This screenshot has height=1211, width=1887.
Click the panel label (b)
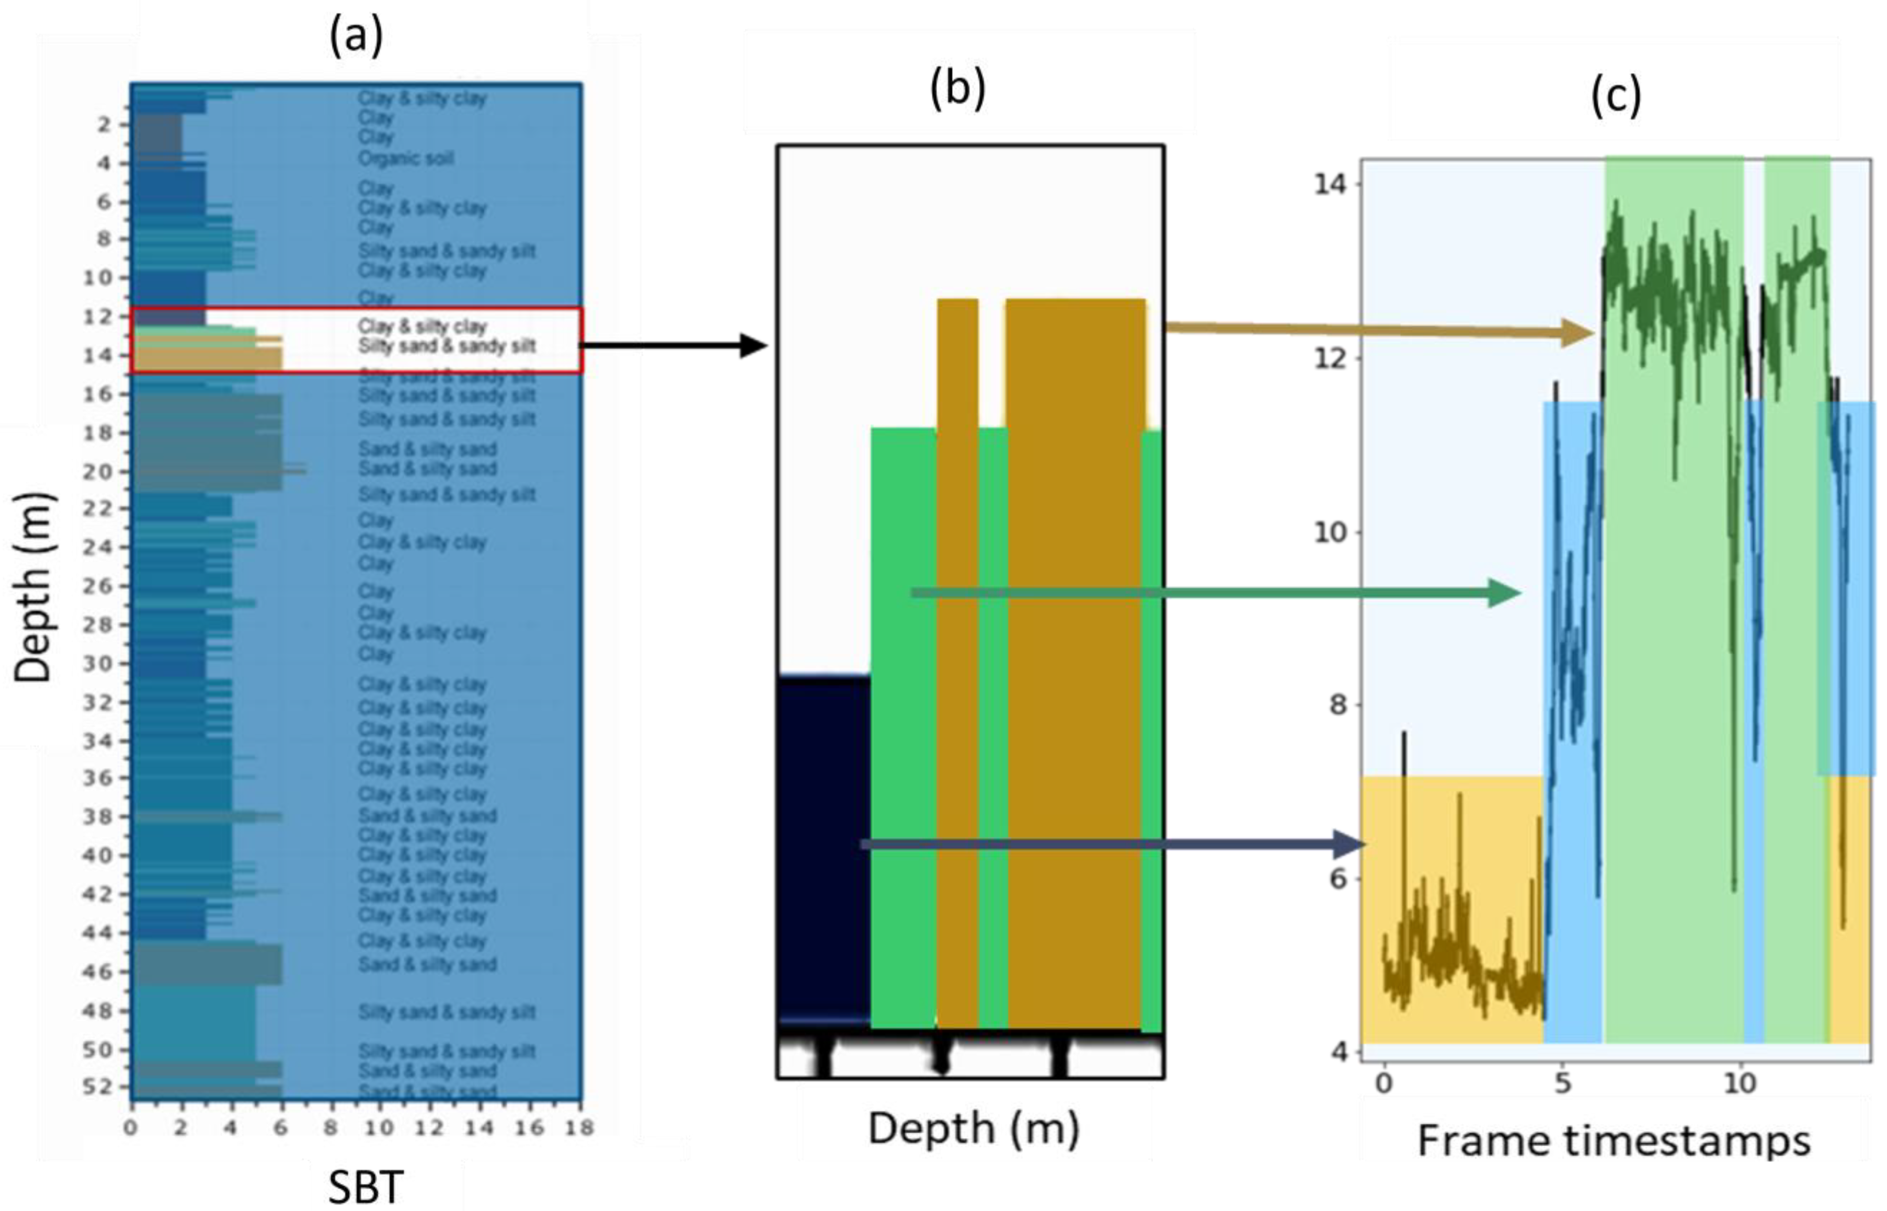957,89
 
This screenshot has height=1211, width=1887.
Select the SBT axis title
366,1188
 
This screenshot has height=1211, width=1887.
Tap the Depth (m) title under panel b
973,1128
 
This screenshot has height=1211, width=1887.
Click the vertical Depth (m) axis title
33,588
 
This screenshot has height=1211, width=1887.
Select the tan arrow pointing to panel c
1376,330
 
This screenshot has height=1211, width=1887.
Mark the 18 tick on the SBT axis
579,1128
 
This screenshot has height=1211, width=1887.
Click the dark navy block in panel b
823,849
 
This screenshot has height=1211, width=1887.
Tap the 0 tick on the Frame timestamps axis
1384,1084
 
